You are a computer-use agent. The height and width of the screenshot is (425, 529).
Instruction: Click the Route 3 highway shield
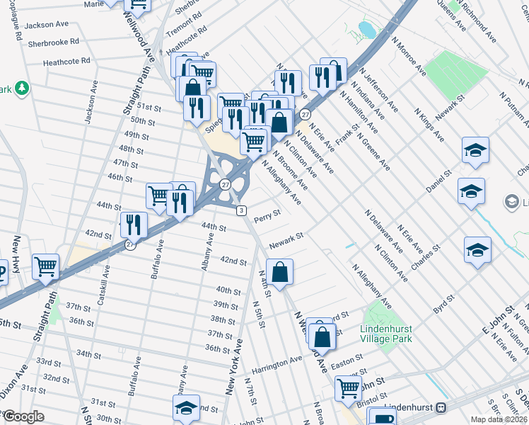coord(241,210)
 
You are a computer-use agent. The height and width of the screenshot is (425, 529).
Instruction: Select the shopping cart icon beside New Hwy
coord(46,267)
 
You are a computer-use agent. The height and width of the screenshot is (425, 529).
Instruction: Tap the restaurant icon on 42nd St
coord(132,225)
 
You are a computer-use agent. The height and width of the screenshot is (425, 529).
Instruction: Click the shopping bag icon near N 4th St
coord(280,271)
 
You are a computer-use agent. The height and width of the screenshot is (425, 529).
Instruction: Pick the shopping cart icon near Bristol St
coord(348,388)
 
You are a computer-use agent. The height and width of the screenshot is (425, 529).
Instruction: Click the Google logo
coord(23,416)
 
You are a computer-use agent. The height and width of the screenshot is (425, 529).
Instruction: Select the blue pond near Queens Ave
coord(366,30)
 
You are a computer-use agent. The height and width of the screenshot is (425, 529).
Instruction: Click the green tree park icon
coord(23,88)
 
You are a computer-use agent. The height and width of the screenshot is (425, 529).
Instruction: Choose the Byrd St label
coord(443,305)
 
